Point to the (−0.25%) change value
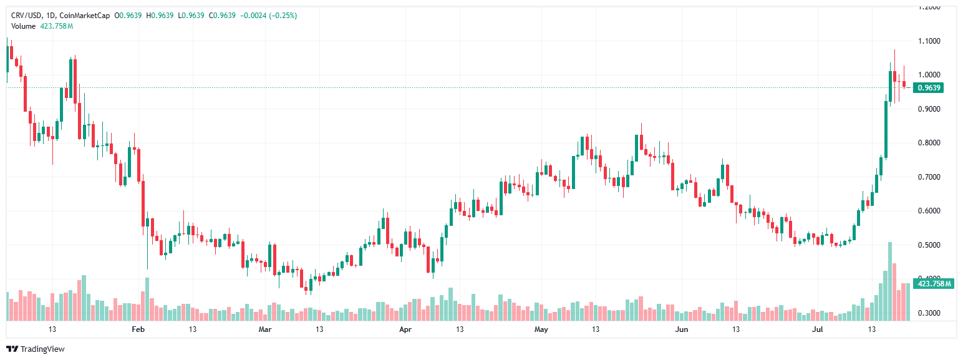(x=283, y=15)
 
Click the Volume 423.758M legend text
(x=42, y=26)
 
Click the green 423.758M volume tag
(x=934, y=284)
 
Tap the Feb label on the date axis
(x=139, y=329)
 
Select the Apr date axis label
(x=405, y=329)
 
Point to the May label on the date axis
(x=541, y=329)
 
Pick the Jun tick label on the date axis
(x=682, y=329)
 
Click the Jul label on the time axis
(x=818, y=329)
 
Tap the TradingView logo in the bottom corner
(x=35, y=349)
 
